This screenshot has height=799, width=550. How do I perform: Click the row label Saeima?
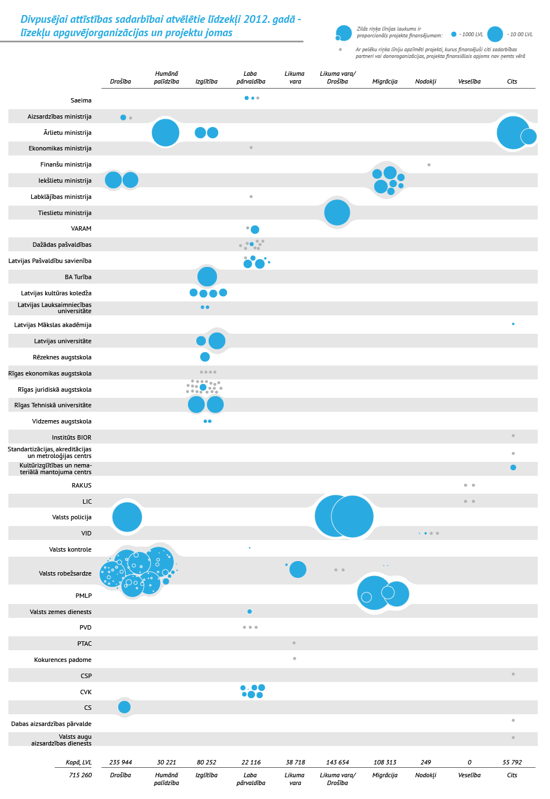(x=81, y=100)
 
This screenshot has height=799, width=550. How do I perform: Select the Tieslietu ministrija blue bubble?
(x=337, y=212)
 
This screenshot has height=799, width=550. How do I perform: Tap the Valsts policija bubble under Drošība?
(x=127, y=517)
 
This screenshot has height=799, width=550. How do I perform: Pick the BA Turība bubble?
(x=207, y=276)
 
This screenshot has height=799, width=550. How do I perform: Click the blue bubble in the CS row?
(x=124, y=707)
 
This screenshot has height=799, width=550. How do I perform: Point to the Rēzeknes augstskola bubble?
(x=205, y=357)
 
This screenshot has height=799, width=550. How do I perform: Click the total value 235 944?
(x=120, y=762)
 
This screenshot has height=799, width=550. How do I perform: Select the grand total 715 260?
(x=80, y=775)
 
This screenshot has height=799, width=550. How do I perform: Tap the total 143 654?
(x=337, y=762)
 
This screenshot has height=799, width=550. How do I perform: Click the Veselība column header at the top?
(x=469, y=81)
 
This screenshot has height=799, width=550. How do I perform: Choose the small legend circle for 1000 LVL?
(x=453, y=34)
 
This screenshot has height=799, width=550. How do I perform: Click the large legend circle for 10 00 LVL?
(x=495, y=34)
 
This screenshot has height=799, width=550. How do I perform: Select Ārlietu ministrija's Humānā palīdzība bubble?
(x=166, y=133)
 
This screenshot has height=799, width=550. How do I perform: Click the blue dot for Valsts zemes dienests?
(x=249, y=612)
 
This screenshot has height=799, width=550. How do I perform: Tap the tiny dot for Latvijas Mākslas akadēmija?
(x=513, y=324)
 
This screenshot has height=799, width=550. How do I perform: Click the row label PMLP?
(x=84, y=596)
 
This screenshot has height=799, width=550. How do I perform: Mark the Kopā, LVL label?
(x=79, y=762)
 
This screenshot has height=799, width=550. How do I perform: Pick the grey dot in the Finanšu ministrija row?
(x=429, y=165)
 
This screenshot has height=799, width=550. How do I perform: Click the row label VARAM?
(x=81, y=228)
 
